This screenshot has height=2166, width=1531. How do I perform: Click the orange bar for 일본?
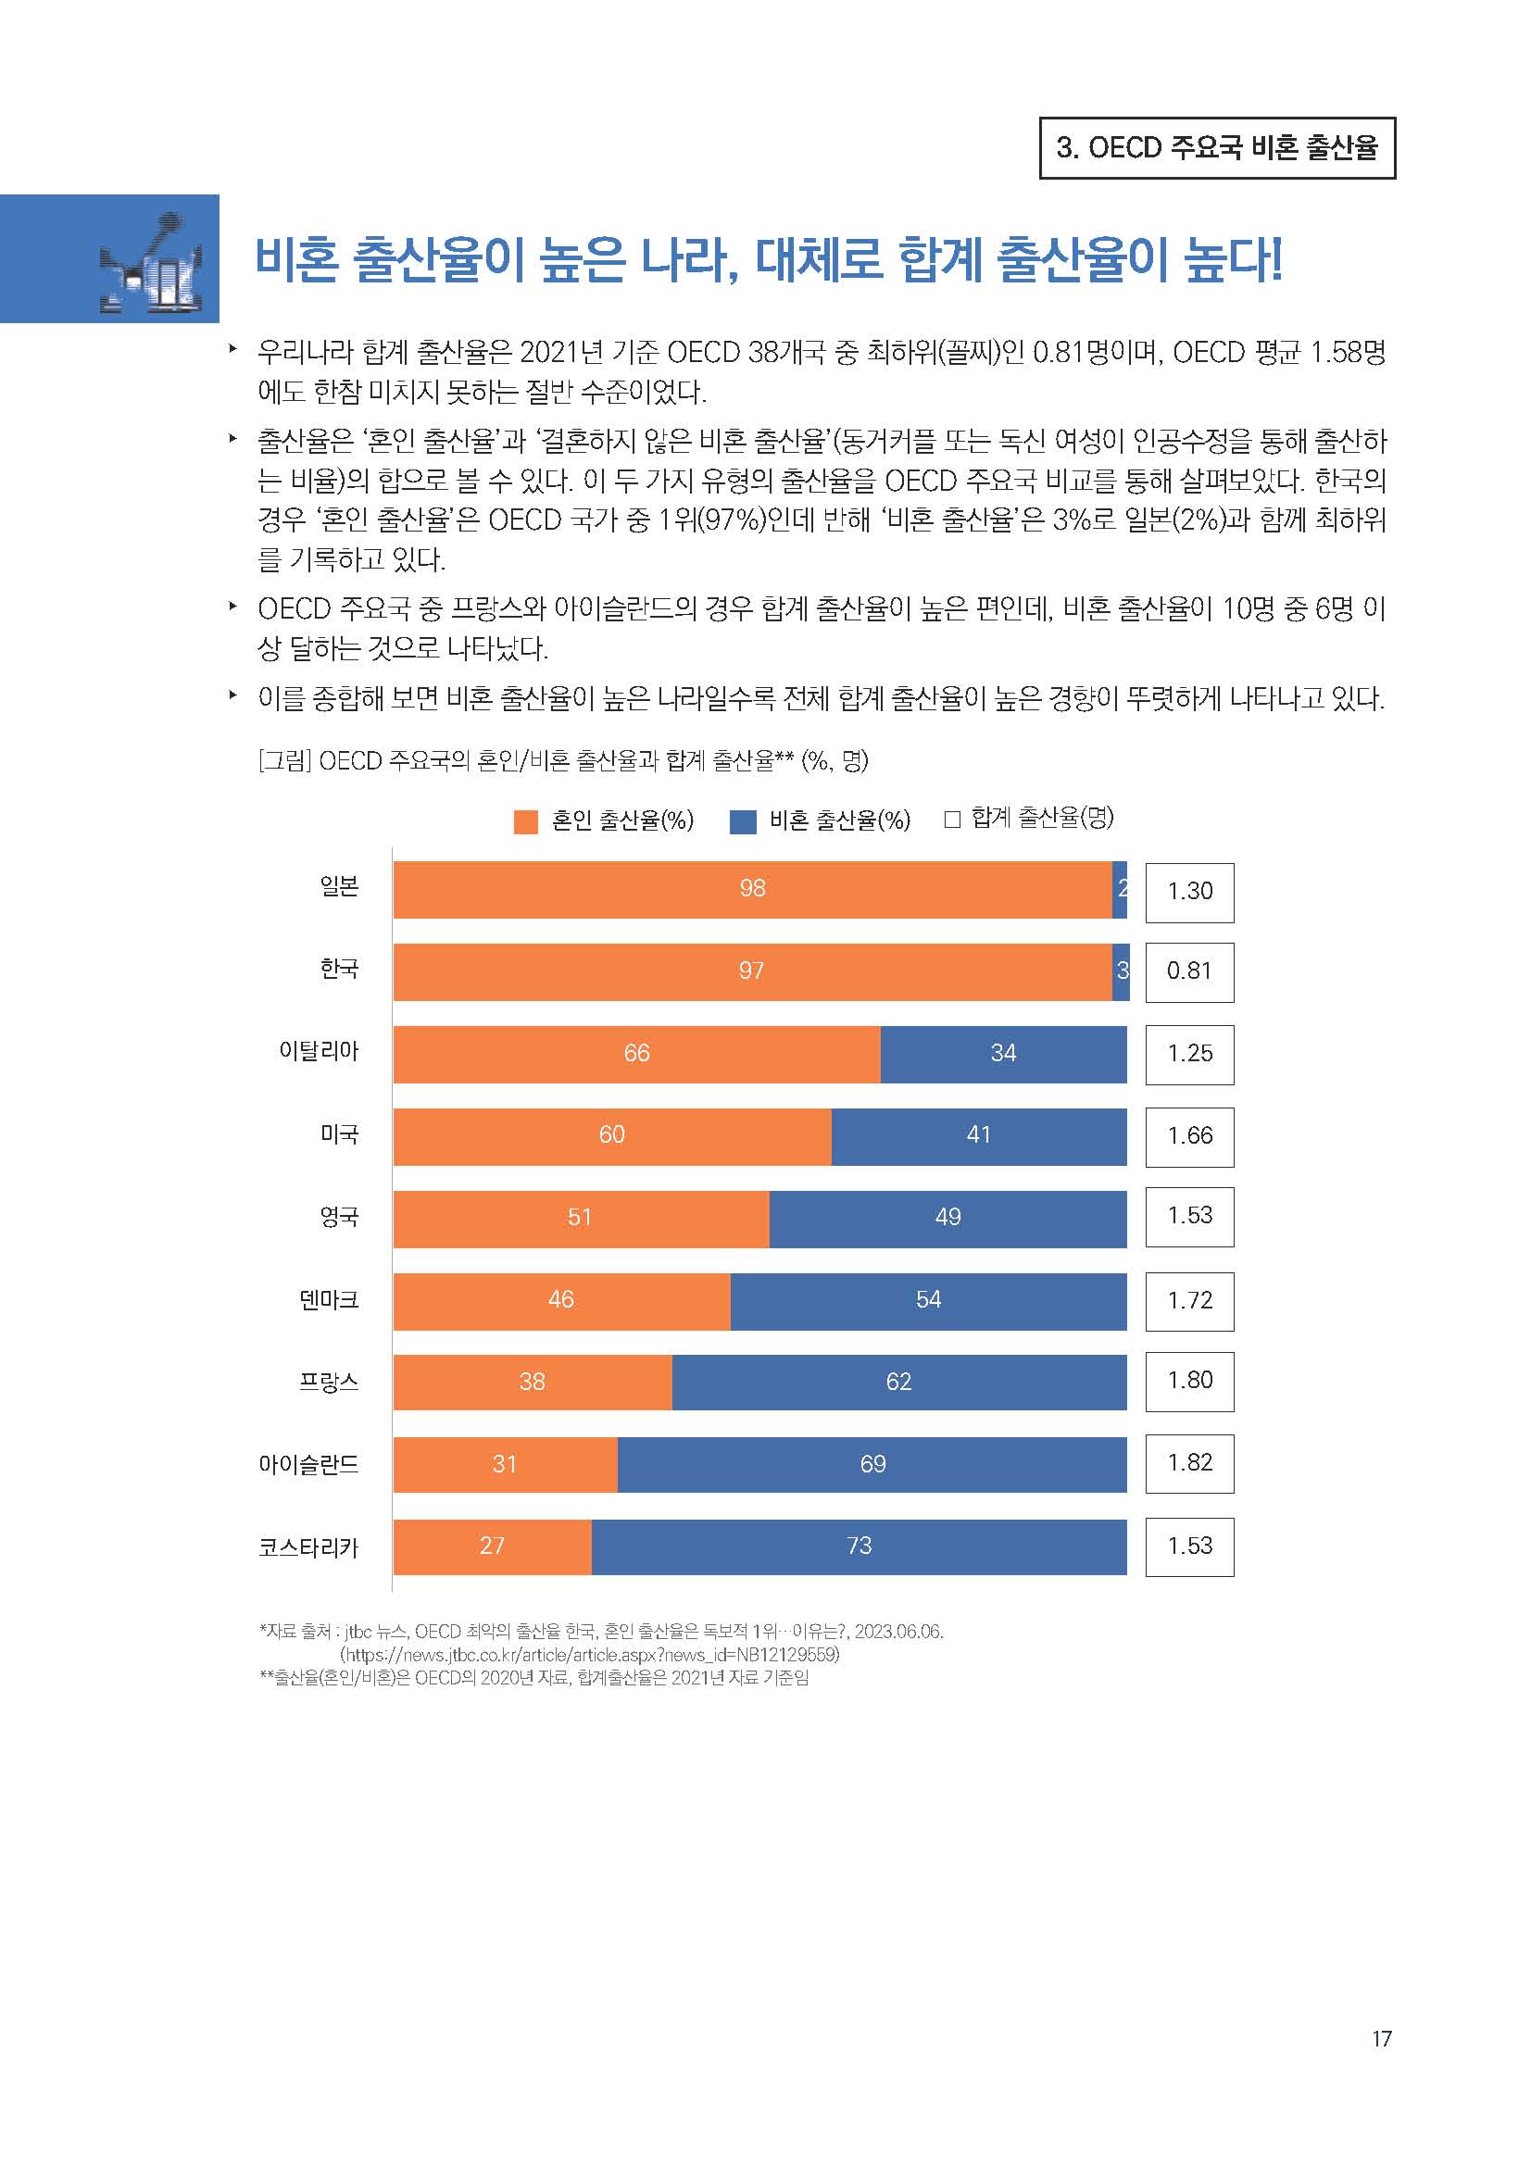tap(752, 889)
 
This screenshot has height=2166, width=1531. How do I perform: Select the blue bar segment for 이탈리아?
tap(1003, 1054)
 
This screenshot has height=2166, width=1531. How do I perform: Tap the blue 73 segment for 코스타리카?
tap(859, 1546)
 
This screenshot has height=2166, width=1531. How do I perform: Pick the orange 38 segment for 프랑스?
tap(532, 1382)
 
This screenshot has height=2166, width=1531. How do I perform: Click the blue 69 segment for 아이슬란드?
tap(872, 1464)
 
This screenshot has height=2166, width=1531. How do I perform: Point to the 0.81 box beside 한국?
tap(1188, 971)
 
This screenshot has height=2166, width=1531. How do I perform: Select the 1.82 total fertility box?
tap(1188, 1463)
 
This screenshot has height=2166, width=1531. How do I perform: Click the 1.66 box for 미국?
tap(1188, 1136)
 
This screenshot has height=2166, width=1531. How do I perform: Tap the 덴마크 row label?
tap(328, 1300)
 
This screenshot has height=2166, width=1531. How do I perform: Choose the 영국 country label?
tap(339, 1217)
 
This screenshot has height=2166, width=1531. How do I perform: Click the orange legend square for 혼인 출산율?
tap(525, 821)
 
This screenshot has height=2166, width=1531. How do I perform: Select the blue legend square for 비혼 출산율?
tap(743, 821)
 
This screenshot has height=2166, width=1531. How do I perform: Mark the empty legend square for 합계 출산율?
tap(952, 819)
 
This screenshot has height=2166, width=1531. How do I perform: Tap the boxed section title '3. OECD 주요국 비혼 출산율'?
tap(1217, 148)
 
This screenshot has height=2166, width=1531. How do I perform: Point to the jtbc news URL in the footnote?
tap(590, 1655)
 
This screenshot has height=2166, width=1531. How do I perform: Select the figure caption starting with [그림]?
tap(563, 760)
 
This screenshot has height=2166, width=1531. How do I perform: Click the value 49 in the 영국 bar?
tap(947, 1217)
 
